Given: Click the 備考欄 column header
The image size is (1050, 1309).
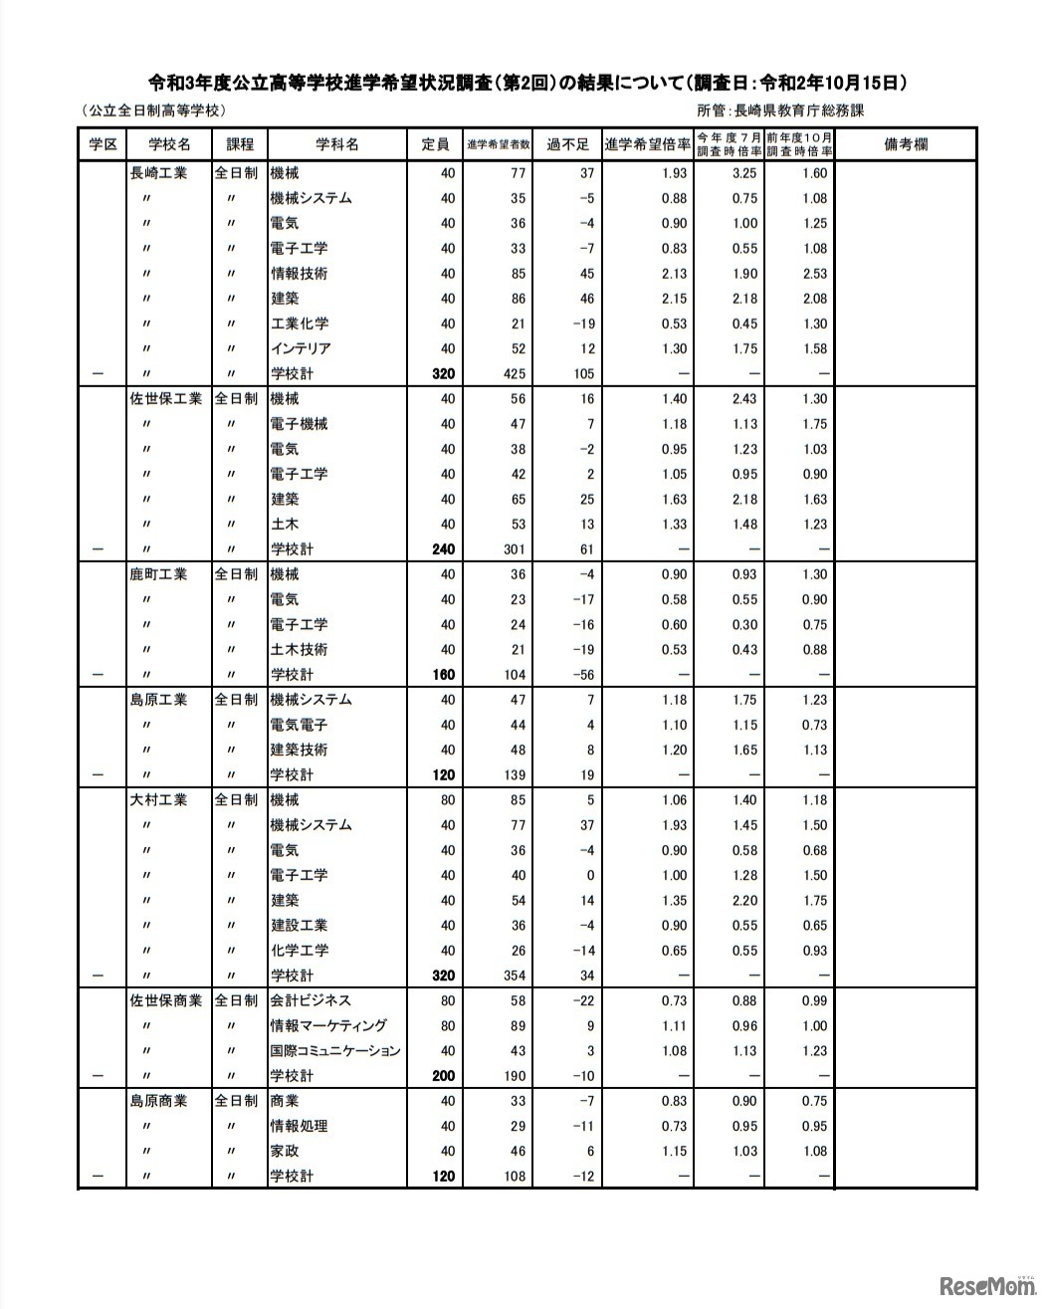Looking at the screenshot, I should point(905,144).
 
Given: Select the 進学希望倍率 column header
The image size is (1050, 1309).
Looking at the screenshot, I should point(647,144).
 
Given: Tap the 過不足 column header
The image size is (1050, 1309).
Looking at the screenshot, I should point(567,144).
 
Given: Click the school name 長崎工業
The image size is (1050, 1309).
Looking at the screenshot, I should point(158,173).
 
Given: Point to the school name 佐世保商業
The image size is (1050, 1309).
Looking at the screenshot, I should point(165,1000).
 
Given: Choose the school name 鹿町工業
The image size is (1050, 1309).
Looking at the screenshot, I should point(158,574).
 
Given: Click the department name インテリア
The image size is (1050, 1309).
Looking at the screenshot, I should point(301,348).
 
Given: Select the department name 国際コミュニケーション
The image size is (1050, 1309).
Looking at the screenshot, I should point(335,1051).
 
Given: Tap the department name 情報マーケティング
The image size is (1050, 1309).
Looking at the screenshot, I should point(328,1025).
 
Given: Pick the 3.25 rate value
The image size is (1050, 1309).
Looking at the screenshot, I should point(744,173).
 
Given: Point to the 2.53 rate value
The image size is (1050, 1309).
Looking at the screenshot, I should point(814,274).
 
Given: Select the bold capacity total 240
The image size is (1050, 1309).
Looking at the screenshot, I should point(443,549).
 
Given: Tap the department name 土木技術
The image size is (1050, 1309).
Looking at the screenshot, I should point(300,650).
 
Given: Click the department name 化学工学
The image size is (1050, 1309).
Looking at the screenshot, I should point(300,951).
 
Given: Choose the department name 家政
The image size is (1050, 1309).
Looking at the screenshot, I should point(285,1151).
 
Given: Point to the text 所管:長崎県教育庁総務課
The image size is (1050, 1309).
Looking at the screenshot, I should point(780,111).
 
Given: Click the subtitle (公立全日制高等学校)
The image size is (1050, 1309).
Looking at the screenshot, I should point(154,111).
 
